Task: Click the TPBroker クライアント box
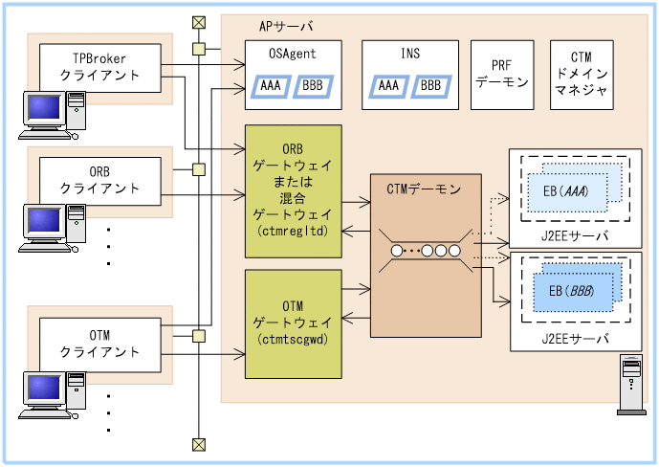[99, 66]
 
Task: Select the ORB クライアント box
[99, 179]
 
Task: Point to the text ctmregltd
[293, 232]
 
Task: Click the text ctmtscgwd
[293, 338]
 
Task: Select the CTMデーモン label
[424, 189]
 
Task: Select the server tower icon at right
[631, 386]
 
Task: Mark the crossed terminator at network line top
[198, 22]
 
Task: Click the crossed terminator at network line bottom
[198, 443]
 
